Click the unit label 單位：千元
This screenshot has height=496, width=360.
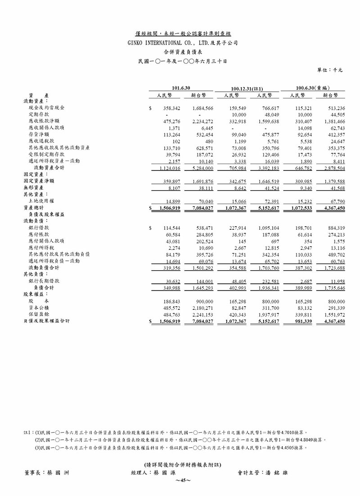pyautogui.click(x=331, y=70)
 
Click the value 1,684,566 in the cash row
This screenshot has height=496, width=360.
pyautogui.click(x=202, y=109)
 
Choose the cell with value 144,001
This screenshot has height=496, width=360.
pyautogui.click(x=202, y=281)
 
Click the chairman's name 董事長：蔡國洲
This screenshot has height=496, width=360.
pyautogui.click(x=47, y=473)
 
